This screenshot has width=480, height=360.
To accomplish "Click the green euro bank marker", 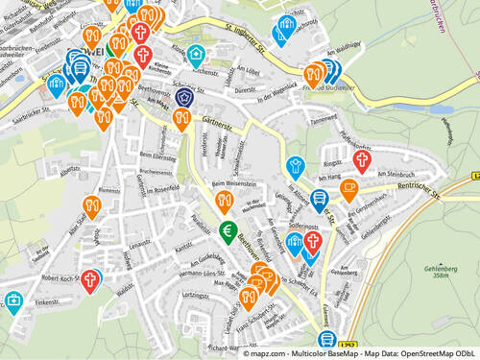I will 228,231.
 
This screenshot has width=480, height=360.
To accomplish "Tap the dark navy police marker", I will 185,97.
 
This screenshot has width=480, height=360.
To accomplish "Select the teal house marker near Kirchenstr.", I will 196,53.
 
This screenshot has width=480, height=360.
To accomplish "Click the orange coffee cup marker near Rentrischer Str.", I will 348,187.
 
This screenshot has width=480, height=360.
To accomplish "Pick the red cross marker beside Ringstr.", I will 362,159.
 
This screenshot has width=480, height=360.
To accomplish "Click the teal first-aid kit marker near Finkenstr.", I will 14,301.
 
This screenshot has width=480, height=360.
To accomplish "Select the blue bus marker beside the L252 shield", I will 327,339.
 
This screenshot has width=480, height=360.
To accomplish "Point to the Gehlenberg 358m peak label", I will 441,272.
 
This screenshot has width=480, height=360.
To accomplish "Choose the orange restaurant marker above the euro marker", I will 224,200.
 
